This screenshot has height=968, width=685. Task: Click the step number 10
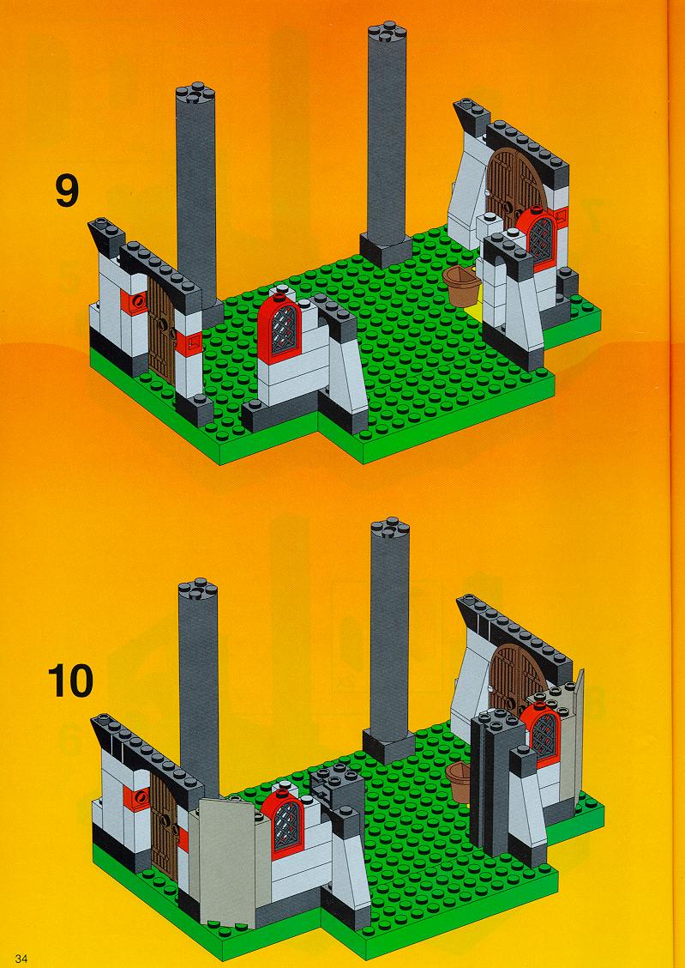click(x=70, y=681)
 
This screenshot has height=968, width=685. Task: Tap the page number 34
click(x=22, y=958)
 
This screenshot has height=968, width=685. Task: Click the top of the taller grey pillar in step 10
click(x=390, y=528)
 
